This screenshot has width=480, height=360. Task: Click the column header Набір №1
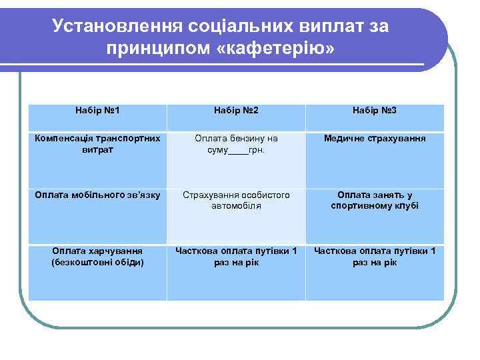[x=97, y=109]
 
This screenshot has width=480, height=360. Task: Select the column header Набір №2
[x=236, y=109]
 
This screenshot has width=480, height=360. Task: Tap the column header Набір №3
[x=375, y=109]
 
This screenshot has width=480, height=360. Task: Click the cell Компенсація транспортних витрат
[x=97, y=144]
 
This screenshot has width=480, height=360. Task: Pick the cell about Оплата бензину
[x=236, y=144]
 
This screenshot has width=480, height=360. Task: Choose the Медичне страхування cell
[x=375, y=139]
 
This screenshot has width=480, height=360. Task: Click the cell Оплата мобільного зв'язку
[x=97, y=195]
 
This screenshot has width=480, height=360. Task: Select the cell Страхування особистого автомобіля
[x=236, y=201]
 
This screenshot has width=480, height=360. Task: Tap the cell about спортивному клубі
[x=375, y=201]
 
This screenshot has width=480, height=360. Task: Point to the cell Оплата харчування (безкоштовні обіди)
[x=97, y=257]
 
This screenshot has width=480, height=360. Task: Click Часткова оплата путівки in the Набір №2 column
[x=236, y=257]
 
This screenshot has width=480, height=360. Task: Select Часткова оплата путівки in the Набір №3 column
[x=375, y=257]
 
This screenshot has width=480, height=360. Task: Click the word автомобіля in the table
[x=236, y=207]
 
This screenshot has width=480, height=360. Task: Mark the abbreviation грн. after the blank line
[x=256, y=150]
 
